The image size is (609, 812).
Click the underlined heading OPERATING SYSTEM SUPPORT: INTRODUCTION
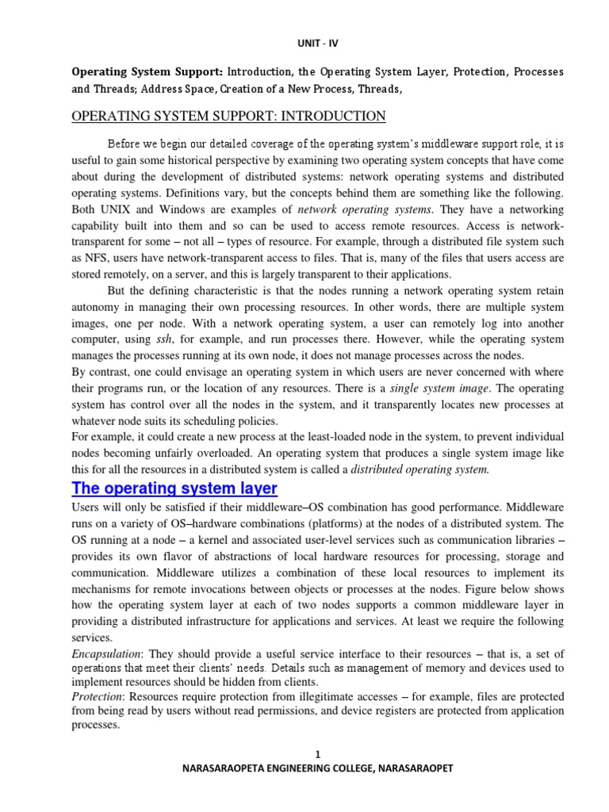click(x=228, y=117)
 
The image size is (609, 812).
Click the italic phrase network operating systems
click(x=365, y=209)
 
